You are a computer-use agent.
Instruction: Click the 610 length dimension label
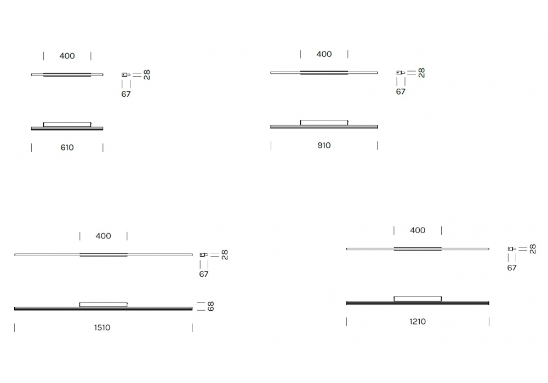click(67, 148)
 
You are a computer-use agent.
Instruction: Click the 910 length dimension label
click(324, 146)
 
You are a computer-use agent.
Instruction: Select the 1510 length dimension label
click(102, 328)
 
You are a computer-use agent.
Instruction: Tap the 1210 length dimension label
click(418, 322)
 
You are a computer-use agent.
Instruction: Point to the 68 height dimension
click(210, 306)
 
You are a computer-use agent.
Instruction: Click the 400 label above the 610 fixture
click(67, 56)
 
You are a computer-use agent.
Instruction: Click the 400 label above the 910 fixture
click(324, 54)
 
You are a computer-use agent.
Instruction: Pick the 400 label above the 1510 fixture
click(104, 236)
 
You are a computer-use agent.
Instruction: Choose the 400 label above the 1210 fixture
click(418, 230)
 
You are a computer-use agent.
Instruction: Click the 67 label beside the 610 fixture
click(126, 94)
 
